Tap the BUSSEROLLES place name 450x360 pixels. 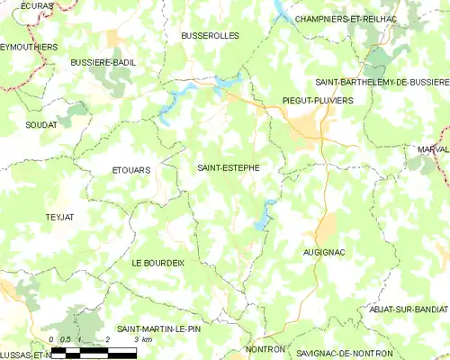click(209, 37)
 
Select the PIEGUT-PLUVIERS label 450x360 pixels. click(318, 101)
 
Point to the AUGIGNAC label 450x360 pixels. click(325, 253)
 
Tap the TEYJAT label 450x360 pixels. click(61, 218)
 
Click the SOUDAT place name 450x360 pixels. click(41, 124)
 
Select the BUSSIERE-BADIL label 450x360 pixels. click(103, 62)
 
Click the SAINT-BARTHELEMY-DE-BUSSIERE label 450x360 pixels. click(382, 81)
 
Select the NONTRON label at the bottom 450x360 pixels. click(265, 349)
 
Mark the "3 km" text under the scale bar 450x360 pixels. click(140, 340)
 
